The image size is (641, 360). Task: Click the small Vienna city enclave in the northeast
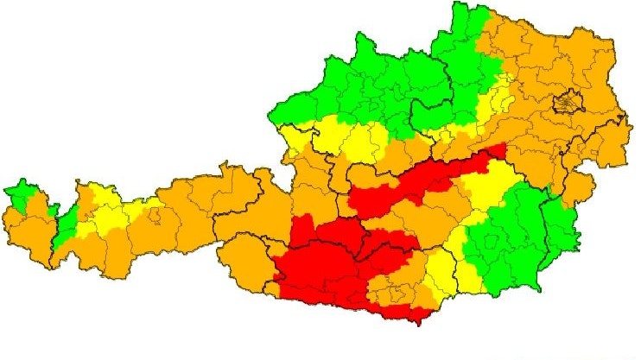click(567, 104)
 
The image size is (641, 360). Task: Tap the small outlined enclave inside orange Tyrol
click(155, 218)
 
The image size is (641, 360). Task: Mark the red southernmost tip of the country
click(418, 320)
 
